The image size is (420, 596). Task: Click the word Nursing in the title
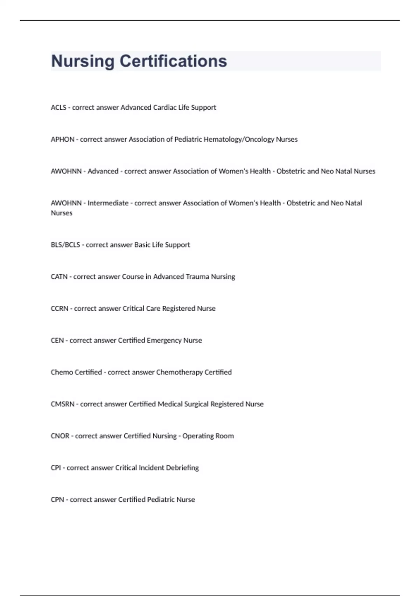click(x=83, y=61)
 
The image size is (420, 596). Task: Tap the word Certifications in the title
click(x=173, y=61)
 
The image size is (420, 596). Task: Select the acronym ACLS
click(x=58, y=108)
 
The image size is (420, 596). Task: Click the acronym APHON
click(x=63, y=140)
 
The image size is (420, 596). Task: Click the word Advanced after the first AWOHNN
click(x=103, y=171)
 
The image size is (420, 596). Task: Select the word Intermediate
click(x=108, y=203)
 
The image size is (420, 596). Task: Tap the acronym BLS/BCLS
click(x=65, y=245)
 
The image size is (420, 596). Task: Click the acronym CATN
click(x=59, y=277)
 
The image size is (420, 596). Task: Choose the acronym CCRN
click(x=59, y=309)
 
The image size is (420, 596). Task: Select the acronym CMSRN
click(x=63, y=404)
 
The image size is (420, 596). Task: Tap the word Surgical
click(x=196, y=404)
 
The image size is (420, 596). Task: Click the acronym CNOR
click(x=60, y=436)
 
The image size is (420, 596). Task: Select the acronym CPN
click(x=57, y=500)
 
